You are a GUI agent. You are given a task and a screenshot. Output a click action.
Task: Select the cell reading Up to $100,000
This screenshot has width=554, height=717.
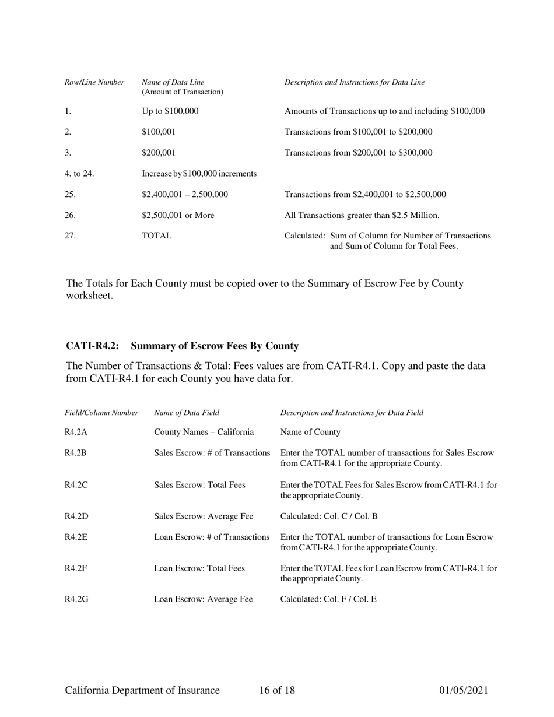pos(170,111)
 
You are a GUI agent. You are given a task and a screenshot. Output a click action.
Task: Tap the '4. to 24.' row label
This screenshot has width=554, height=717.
pos(79,173)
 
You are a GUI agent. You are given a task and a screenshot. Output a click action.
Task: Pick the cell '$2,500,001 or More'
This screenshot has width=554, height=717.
pos(178,215)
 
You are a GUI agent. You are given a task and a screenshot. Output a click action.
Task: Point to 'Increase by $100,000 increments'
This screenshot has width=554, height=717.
pos(199,173)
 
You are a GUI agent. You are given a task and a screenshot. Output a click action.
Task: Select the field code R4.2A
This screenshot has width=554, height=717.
pos(76,432)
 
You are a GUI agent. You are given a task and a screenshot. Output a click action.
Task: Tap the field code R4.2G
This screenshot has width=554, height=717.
pos(76,597)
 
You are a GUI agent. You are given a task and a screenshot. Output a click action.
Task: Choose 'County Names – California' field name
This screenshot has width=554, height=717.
pos(204,432)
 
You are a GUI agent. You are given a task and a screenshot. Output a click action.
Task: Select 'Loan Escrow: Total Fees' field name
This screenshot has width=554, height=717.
pos(199,568)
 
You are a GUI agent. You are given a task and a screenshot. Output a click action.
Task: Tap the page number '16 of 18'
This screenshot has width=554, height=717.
pos(277,691)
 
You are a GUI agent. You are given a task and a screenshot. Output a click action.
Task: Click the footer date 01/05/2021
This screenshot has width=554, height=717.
pos(463,691)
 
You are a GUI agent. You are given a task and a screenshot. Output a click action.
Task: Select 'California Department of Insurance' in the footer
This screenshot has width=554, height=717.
pos(142,691)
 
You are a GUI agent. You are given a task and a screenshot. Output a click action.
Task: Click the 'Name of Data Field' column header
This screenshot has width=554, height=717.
pos(187,413)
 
